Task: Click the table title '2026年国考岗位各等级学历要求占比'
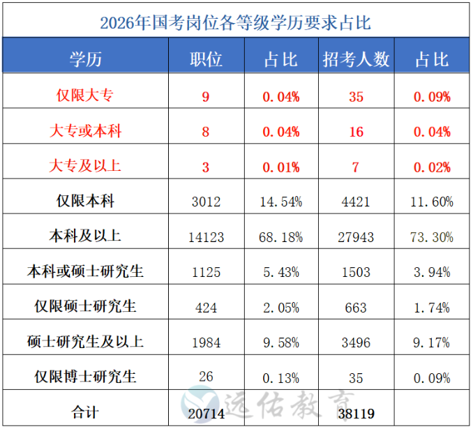pyautogui.click(x=235, y=22)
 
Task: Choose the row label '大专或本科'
pyautogui.click(x=85, y=131)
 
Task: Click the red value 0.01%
pyautogui.click(x=281, y=167)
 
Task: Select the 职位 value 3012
pyautogui.click(x=206, y=202)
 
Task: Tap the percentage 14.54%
pyautogui.click(x=281, y=202)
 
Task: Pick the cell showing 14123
pyautogui.click(x=206, y=237)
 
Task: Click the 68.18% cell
pyautogui.click(x=281, y=237)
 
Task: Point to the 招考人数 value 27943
pyautogui.click(x=356, y=237)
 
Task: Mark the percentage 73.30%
pyautogui.click(x=432, y=237)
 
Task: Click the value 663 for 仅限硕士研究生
pyautogui.click(x=356, y=307)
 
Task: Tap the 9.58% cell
pyautogui.click(x=281, y=343)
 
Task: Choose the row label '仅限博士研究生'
pyautogui.click(x=85, y=377)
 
